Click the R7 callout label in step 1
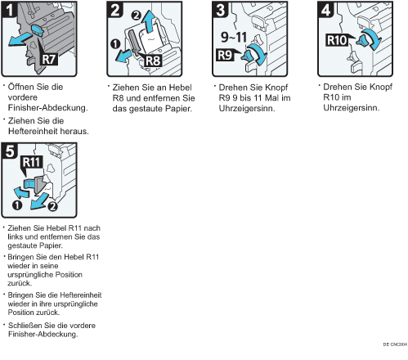(x=49, y=59)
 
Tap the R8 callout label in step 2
(x=153, y=61)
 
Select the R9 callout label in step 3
(x=225, y=55)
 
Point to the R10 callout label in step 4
(x=338, y=40)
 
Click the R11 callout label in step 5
(x=31, y=162)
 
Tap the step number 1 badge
(x=9, y=10)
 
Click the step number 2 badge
(x=114, y=10)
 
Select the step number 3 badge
(x=220, y=10)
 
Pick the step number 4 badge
(x=325, y=10)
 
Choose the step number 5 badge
(x=9, y=151)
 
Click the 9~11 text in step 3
(x=234, y=38)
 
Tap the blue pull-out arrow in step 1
(x=20, y=38)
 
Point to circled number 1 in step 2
(x=115, y=44)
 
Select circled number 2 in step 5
(x=52, y=206)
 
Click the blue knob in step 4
(x=363, y=42)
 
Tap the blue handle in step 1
(x=38, y=29)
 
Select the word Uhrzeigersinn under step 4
(x=352, y=108)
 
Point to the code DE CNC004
(x=395, y=344)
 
